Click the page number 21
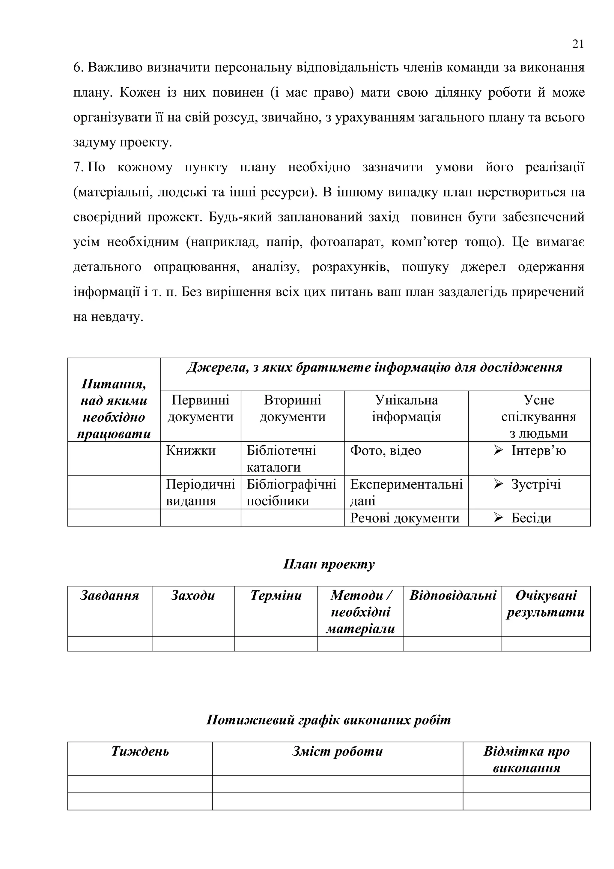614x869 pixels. tap(578, 44)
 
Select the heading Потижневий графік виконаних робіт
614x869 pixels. tap(329, 720)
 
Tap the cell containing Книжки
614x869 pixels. tap(191, 450)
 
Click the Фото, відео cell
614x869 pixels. tap(385, 450)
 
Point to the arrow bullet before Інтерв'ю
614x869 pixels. tap(498, 450)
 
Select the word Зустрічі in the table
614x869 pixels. tap(536, 484)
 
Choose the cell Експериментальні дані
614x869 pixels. tap(406, 492)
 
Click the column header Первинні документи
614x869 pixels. tap(200, 408)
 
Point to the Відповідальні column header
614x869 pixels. tap(453, 596)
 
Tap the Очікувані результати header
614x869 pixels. tap(546, 604)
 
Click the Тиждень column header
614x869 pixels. tap(140, 751)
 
